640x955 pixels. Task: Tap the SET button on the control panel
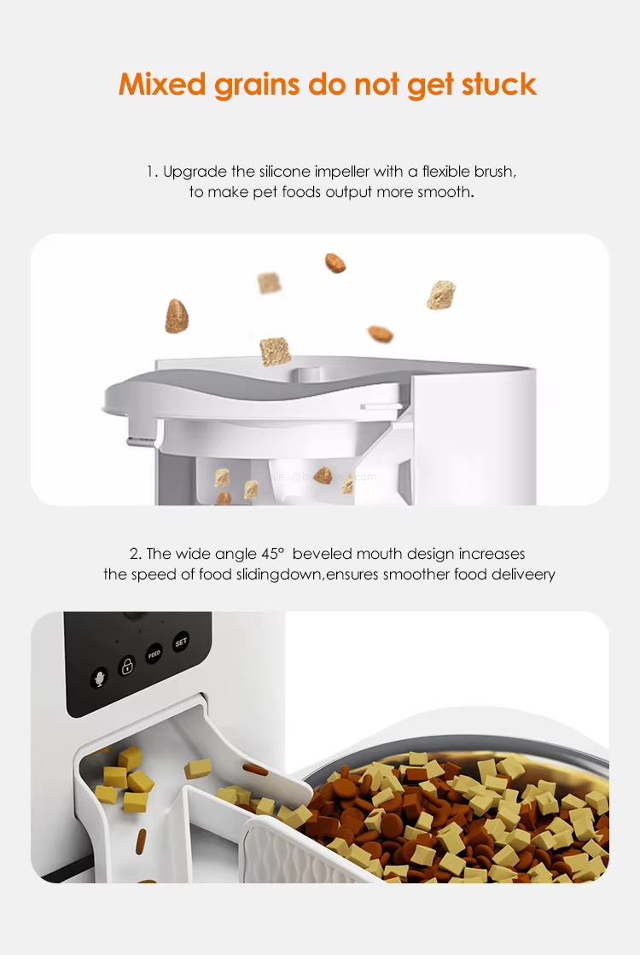(x=180, y=643)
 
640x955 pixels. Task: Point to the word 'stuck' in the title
(x=498, y=84)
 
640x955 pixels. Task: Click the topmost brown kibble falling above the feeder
(x=335, y=263)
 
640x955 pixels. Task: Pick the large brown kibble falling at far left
(x=177, y=316)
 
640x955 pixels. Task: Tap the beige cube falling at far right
(x=441, y=294)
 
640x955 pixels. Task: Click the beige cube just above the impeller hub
(x=275, y=351)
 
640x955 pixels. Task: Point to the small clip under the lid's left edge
(x=135, y=441)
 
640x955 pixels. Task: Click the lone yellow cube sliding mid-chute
(x=198, y=768)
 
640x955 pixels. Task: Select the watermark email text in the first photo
(x=323, y=478)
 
